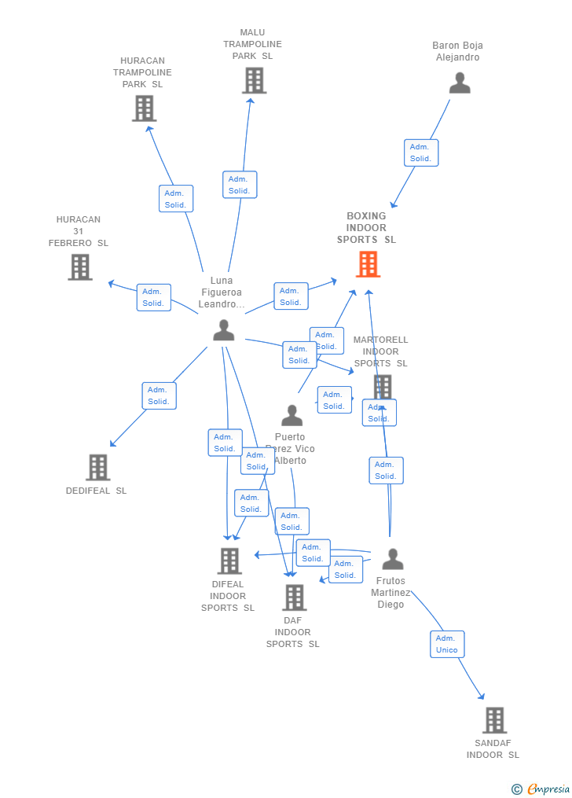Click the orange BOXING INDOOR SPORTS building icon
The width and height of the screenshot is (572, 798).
(x=368, y=264)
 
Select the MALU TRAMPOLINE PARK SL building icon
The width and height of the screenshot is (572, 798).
(x=254, y=80)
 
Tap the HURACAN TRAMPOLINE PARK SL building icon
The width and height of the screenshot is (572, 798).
(x=144, y=108)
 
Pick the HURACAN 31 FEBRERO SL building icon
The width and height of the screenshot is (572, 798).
(x=80, y=267)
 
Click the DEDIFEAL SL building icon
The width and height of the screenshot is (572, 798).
(x=97, y=467)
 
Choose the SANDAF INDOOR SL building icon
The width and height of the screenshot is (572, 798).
(x=494, y=720)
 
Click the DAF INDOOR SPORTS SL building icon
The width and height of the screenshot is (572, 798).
(x=294, y=598)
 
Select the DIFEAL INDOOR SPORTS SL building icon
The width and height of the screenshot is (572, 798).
(x=229, y=561)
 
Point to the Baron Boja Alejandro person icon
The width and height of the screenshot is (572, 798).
(x=460, y=83)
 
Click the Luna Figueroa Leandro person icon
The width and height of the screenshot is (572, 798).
(x=224, y=330)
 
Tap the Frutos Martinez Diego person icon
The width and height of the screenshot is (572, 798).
(x=392, y=559)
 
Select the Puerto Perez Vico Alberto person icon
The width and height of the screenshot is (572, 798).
(x=291, y=415)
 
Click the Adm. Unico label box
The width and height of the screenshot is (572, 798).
(x=447, y=644)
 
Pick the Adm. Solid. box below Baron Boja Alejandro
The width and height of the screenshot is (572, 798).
(x=421, y=153)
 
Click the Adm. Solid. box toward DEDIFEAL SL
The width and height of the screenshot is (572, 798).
(x=159, y=395)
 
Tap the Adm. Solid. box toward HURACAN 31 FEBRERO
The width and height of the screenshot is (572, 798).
(x=153, y=297)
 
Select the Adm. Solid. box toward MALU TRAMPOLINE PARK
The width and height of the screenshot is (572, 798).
(x=240, y=185)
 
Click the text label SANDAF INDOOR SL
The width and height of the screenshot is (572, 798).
(x=493, y=749)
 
